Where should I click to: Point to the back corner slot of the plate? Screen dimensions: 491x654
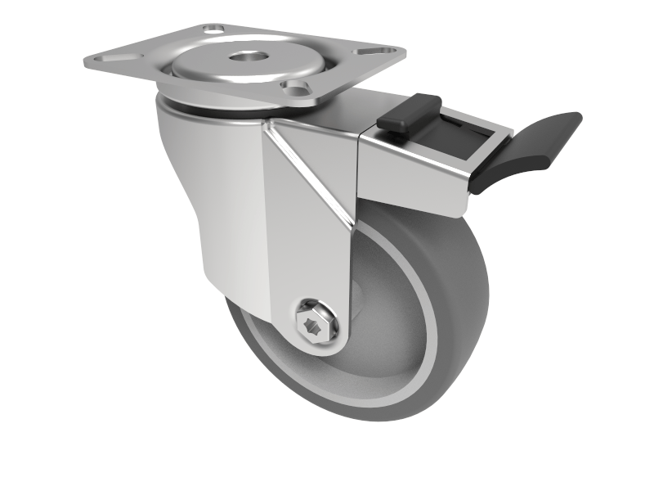(215, 29)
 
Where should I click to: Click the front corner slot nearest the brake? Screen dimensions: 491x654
(296, 86)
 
